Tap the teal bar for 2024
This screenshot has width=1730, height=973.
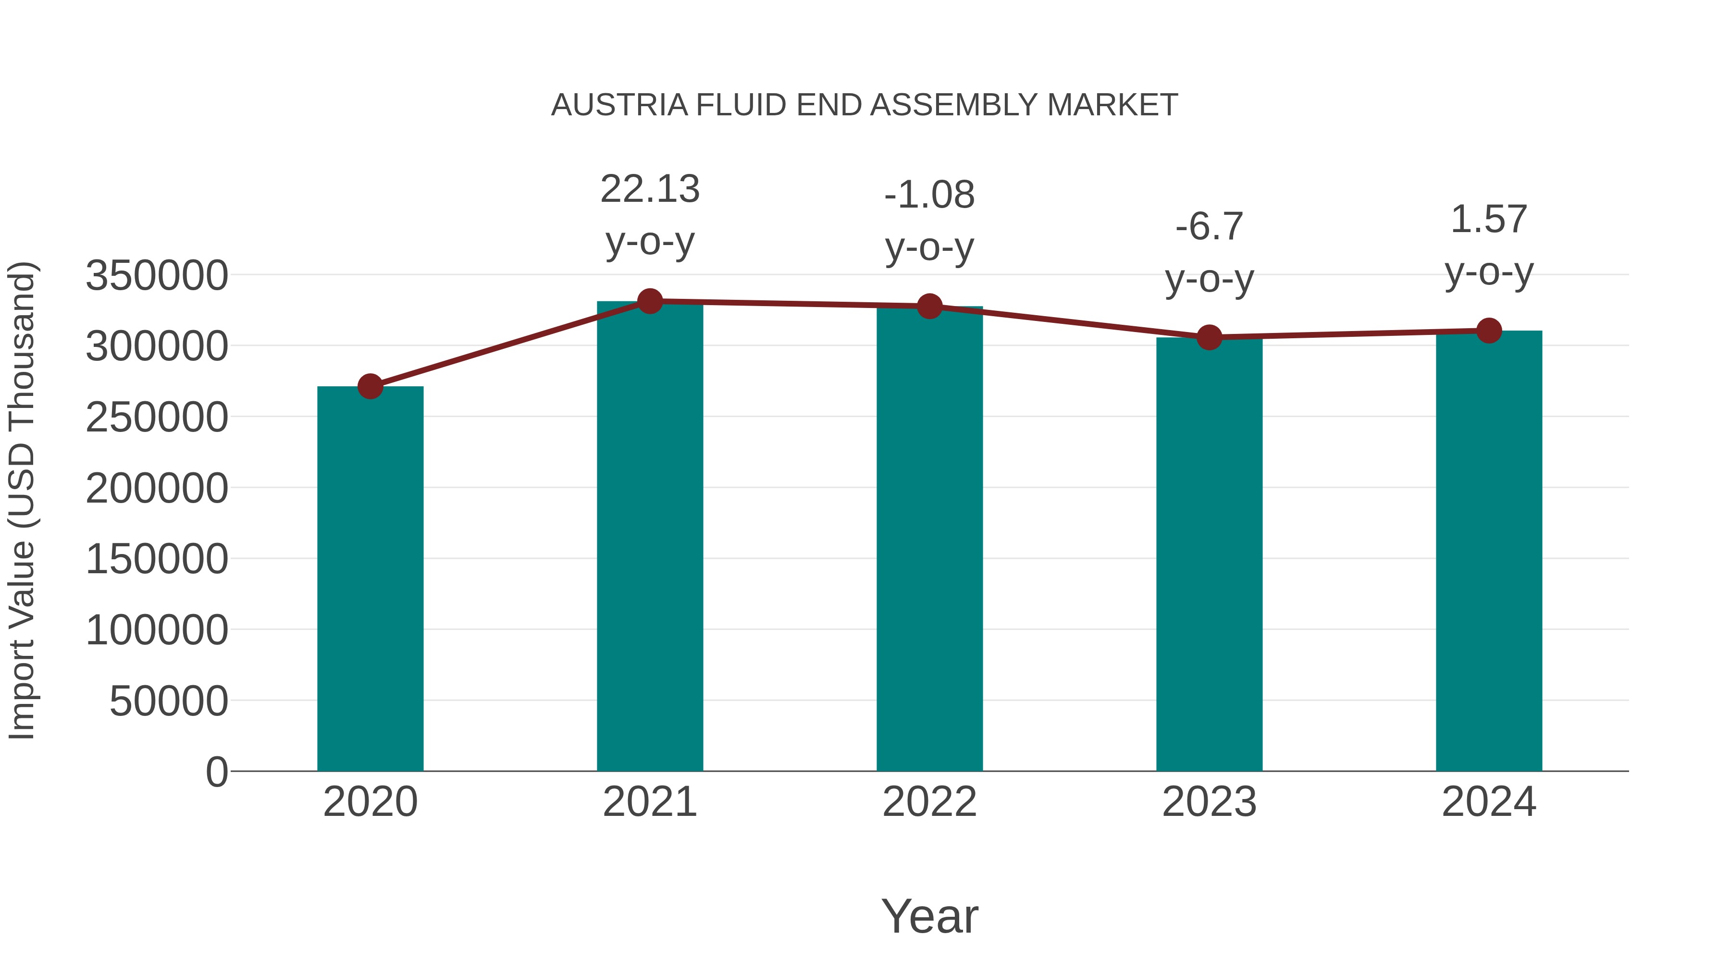pos(1489,551)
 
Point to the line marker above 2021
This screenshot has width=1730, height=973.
pos(649,301)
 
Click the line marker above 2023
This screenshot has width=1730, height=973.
pos(1209,337)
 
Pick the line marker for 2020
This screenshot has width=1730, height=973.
pos(370,386)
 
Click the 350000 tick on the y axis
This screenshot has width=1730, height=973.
pos(157,275)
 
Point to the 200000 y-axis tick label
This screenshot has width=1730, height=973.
pos(157,488)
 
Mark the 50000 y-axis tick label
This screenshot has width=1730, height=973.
pos(169,701)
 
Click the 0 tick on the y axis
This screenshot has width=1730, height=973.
pos(216,772)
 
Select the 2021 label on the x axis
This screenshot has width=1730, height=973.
pos(649,802)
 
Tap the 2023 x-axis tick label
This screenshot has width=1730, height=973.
pos(1209,802)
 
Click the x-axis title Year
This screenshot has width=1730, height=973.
pos(929,916)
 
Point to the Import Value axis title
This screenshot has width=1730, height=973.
pos(22,500)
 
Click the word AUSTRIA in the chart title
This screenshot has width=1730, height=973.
pos(619,105)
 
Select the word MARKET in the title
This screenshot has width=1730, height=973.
pos(1112,105)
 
